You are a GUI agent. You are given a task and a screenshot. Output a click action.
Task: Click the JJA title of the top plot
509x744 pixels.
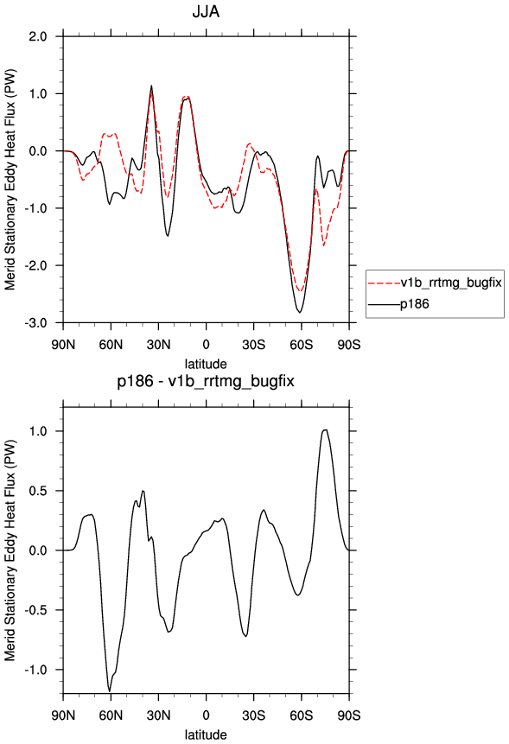coord(206,11)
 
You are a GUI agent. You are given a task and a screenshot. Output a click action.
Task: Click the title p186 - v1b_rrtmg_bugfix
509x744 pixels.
coord(206,381)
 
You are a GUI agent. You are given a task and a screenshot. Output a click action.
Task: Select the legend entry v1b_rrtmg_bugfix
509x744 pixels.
coord(451,283)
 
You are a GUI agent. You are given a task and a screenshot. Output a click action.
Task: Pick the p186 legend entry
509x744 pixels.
coord(415,303)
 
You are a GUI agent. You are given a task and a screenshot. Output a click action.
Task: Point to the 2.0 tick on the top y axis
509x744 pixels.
coord(38,36)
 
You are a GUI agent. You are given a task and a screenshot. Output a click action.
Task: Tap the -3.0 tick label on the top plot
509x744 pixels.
coord(36,323)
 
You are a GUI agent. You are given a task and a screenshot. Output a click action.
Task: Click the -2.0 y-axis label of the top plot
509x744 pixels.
coord(36,266)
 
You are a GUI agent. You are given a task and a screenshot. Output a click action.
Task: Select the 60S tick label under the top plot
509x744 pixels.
coord(302,345)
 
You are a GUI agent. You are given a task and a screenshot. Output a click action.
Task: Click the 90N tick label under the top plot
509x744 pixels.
coord(63,345)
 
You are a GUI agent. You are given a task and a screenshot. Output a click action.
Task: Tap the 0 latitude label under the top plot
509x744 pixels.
coord(206,345)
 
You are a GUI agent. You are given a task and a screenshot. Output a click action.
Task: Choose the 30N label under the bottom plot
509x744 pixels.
coord(158,715)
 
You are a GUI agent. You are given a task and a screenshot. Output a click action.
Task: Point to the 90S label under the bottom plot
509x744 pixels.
coord(349,715)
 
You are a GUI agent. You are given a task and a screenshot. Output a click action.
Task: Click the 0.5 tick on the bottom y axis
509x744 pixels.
coord(38,491)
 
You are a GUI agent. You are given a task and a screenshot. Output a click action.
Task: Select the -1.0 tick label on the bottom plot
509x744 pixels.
coord(36,670)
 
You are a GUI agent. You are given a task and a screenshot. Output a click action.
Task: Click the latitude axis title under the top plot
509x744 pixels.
coord(206,364)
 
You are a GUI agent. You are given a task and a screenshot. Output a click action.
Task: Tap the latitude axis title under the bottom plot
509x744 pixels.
coord(206,734)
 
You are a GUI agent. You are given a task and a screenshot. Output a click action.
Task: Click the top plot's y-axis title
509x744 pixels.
coord(10,180)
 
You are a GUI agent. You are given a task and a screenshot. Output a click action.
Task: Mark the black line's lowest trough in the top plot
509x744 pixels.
coord(299,312)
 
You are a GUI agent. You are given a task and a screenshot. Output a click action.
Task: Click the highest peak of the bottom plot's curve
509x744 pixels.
coord(325,429)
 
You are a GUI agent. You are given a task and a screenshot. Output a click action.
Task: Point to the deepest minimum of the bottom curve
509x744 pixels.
coord(110,691)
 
